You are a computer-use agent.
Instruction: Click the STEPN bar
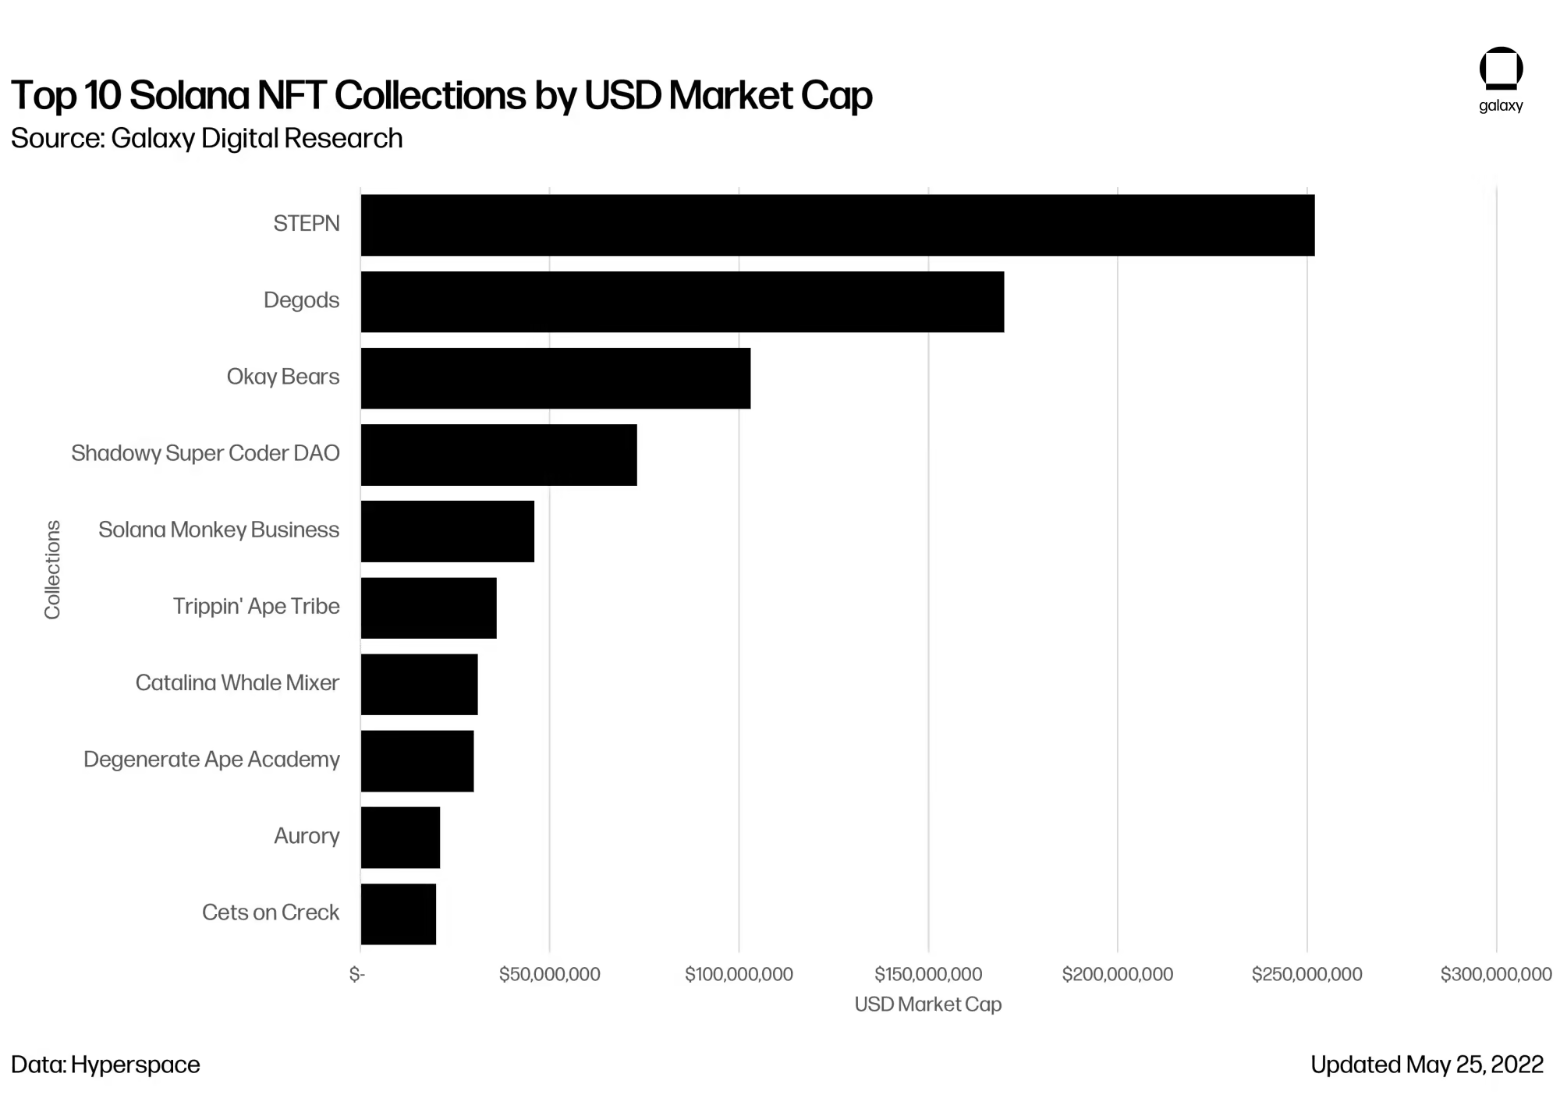[x=837, y=225]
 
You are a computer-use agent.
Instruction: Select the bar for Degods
[x=682, y=301]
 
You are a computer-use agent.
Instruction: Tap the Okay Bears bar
[x=555, y=377]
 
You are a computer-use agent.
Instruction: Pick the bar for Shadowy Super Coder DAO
[x=498, y=454]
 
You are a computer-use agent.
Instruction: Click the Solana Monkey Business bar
[x=447, y=530]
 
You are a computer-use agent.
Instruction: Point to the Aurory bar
[x=400, y=837]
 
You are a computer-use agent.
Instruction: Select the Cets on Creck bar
[x=398, y=913]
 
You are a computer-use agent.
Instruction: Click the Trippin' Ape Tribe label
[x=256, y=606]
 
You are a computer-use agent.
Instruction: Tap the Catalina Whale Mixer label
[x=237, y=682]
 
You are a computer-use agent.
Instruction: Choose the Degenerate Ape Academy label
[x=211, y=759]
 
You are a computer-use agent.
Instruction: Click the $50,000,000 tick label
[x=549, y=974]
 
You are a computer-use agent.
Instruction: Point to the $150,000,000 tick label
[x=928, y=974]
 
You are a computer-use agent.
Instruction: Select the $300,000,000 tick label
[x=1495, y=974]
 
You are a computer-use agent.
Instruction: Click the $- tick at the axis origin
[x=357, y=974]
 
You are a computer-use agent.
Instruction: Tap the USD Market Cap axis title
[x=927, y=1004]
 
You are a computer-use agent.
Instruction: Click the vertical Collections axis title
[x=52, y=569]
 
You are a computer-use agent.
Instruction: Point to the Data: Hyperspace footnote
[x=105, y=1065]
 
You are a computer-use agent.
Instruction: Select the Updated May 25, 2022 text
[x=1427, y=1065]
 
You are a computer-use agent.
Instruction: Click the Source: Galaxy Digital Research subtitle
[x=207, y=138]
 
